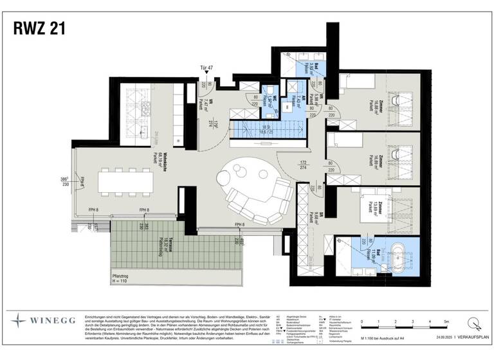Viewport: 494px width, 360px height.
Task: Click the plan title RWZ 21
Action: pyautogui.click(x=39, y=28)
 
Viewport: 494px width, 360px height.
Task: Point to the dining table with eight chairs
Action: pyautogui.click(x=126, y=182)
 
